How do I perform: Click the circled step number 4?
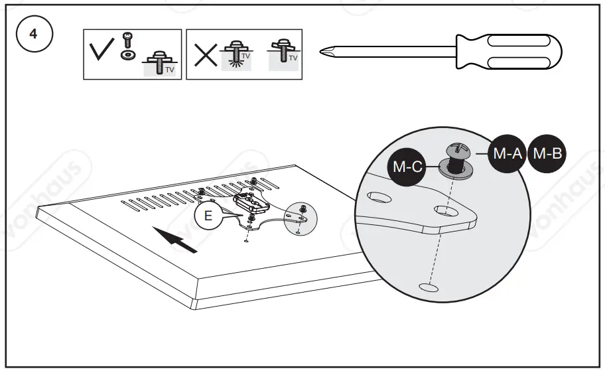pos(33,35)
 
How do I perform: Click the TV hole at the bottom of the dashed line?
pos(427,287)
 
